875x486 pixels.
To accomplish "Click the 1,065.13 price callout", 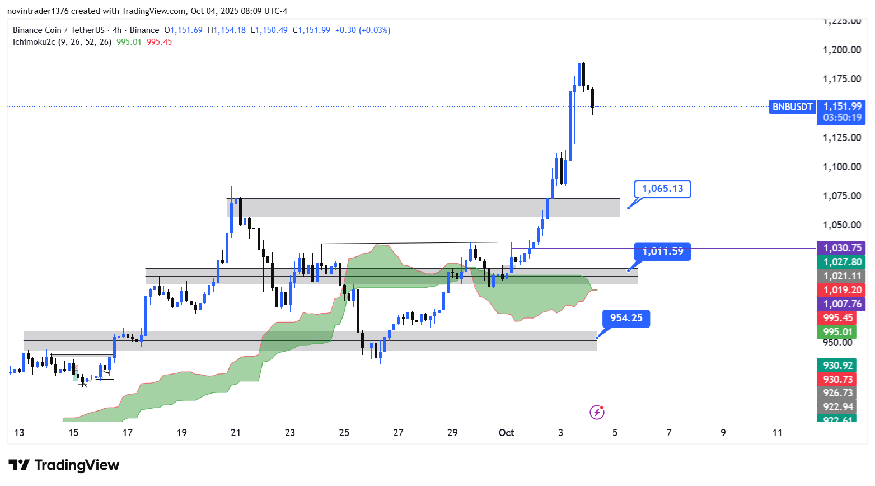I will pyautogui.click(x=662, y=189).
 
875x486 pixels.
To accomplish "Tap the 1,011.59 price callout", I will pyautogui.click(x=662, y=251).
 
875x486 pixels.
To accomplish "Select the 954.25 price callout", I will pyautogui.click(x=626, y=318).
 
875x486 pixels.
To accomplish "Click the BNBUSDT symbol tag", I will pyautogui.click(x=792, y=107).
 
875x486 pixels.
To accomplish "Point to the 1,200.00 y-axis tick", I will pyautogui.click(x=841, y=50).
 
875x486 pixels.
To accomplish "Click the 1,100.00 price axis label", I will pyautogui.click(x=841, y=167).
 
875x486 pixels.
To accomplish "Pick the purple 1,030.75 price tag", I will pyautogui.click(x=841, y=248).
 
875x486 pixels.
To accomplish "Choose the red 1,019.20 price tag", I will pyautogui.click(x=841, y=290).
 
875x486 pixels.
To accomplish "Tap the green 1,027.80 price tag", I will pyautogui.click(x=841, y=262).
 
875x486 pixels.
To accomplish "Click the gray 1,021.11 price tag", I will pyautogui.click(x=841, y=276).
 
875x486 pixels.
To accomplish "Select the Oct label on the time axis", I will pyautogui.click(x=506, y=433).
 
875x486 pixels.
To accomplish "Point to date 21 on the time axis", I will pyautogui.click(x=236, y=433).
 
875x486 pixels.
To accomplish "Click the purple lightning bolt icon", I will pyautogui.click(x=597, y=413).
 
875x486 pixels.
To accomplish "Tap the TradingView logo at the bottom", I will pyautogui.click(x=64, y=465).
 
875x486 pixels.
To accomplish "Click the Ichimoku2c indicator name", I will pyautogui.click(x=34, y=42).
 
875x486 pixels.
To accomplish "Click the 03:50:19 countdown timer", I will pyautogui.click(x=842, y=118).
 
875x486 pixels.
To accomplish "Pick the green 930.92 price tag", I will pyautogui.click(x=837, y=366).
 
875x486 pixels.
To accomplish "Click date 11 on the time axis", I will pyautogui.click(x=777, y=433).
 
